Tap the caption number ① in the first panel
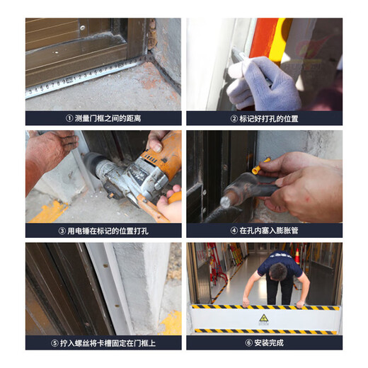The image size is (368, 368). [x=69, y=118]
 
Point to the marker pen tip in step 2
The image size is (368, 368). [x=239, y=55]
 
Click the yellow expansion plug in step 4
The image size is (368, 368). [x=257, y=168]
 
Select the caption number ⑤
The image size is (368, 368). [x=56, y=342]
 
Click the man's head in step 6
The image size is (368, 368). [x=280, y=272]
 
